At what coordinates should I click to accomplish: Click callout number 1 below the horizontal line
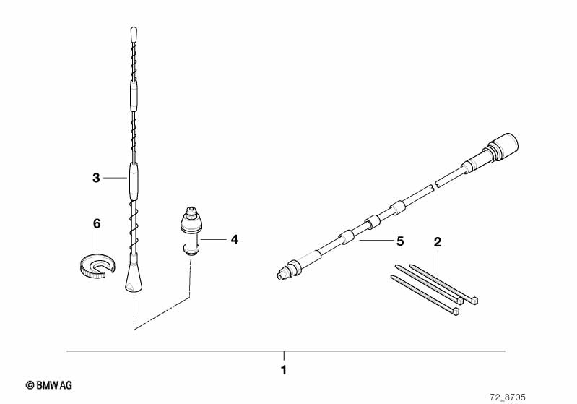point(283,370)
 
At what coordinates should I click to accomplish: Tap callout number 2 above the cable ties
point(437,242)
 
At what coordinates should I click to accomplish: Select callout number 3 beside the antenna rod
point(96,178)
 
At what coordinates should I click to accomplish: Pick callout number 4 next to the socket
point(235,239)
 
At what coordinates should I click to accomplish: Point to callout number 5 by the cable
point(400,241)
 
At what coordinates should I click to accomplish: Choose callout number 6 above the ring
point(97,223)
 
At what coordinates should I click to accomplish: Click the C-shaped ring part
point(97,268)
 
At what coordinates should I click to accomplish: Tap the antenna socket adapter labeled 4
point(191,231)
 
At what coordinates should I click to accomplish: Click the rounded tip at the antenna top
point(134,34)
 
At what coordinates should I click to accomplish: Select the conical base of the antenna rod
point(132,273)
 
